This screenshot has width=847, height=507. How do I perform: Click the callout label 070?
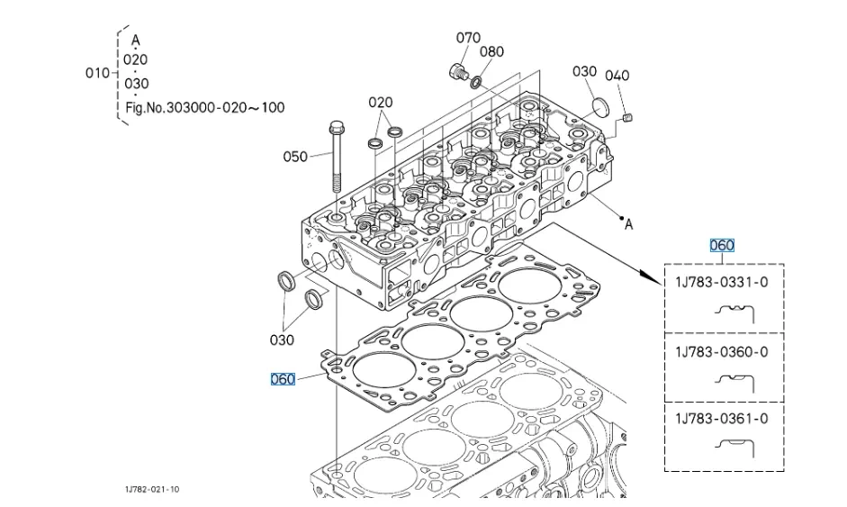coord(468,38)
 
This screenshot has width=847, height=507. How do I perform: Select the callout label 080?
coord(491,51)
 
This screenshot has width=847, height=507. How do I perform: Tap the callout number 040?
coord(617,76)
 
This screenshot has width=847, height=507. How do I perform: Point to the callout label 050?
coord(295,157)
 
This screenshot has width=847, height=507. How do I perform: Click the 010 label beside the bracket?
coord(97,73)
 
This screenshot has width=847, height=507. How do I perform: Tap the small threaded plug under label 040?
coord(630,117)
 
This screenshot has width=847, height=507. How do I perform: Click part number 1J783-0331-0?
coord(722,282)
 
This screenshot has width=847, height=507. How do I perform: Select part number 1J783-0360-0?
coord(722,351)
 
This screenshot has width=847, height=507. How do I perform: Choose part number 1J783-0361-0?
coord(722,419)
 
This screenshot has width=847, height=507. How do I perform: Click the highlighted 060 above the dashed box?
coord(722,245)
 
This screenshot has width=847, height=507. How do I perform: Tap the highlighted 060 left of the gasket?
coord(283,379)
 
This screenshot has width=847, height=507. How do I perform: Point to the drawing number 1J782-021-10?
coord(152,490)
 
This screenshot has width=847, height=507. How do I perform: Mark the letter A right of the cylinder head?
coord(629,225)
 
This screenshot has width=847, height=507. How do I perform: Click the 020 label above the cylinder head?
coord(381,103)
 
